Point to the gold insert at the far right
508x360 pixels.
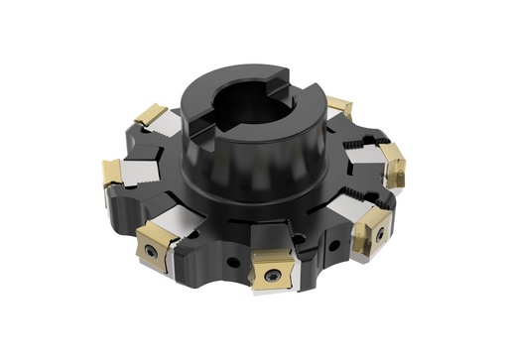395,163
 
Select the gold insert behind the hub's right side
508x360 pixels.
339,105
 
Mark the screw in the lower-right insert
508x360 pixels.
379,234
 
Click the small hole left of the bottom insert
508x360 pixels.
231,263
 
